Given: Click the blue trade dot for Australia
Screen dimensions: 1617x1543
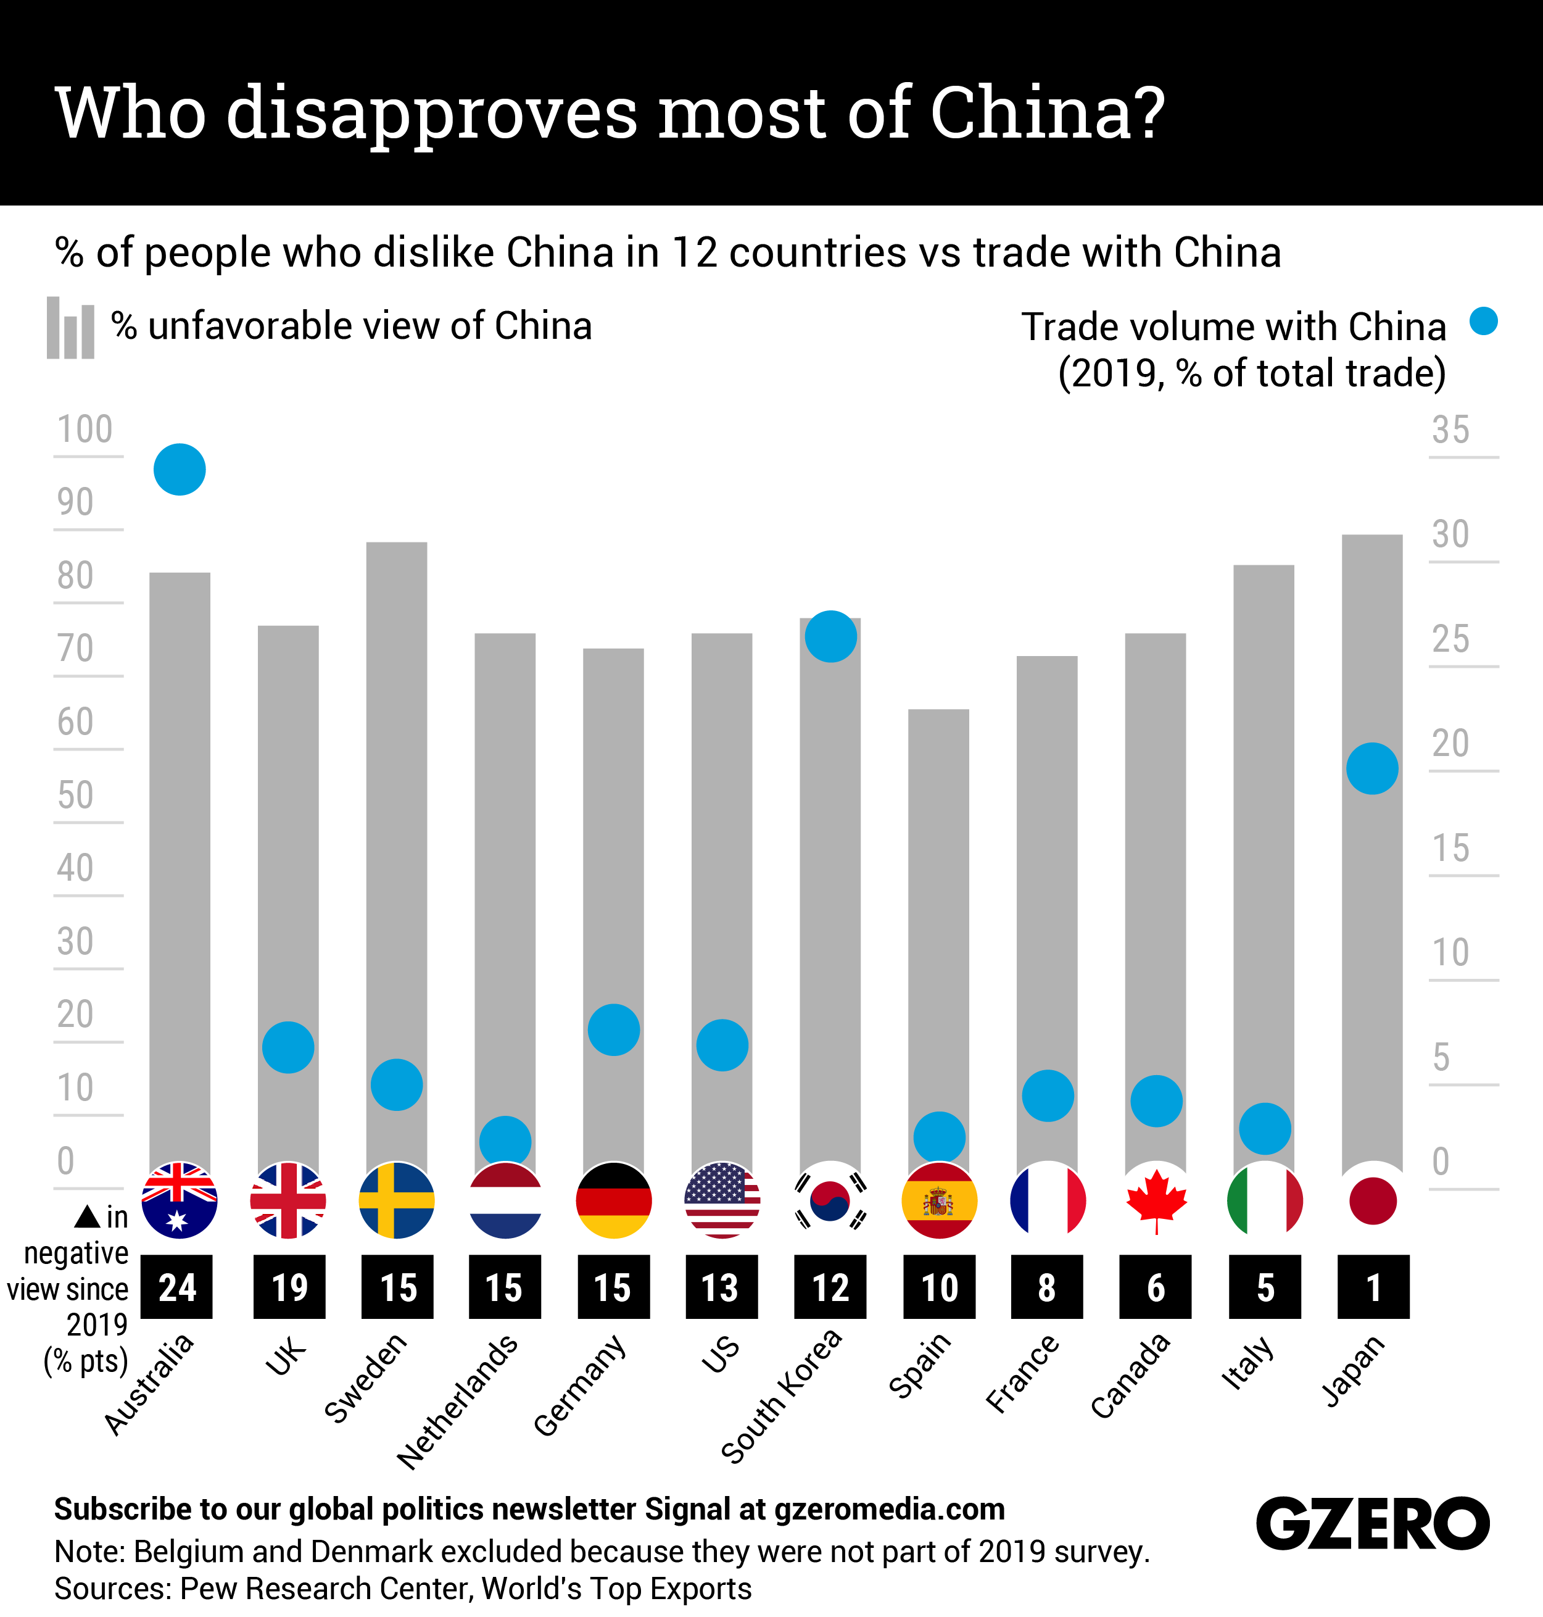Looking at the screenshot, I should [180, 469].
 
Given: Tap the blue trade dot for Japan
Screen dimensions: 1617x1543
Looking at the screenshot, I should [1372, 768].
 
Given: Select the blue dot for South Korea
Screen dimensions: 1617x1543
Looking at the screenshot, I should [830, 636].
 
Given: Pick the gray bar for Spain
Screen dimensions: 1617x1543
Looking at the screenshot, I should [938, 905].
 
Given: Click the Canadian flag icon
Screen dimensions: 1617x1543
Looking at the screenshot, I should [1156, 1200].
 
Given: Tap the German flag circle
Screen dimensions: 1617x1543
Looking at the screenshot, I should [614, 1200].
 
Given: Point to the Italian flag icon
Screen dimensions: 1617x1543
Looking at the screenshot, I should [1264, 1200].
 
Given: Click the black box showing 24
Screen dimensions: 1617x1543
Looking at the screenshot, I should [177, 1287].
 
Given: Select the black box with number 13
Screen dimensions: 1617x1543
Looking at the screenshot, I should [721, 1287].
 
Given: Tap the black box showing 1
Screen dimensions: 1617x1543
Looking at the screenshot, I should [1373, 1287].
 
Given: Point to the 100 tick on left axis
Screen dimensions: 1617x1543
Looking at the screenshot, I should [85, 430].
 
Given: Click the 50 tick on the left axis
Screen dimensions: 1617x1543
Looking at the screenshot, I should [76, 795].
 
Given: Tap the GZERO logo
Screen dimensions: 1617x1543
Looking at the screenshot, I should [1372, 1523].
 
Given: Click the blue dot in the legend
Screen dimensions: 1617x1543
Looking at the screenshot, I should [1484, 321].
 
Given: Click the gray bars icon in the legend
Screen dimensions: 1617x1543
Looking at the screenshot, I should [71, 328].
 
